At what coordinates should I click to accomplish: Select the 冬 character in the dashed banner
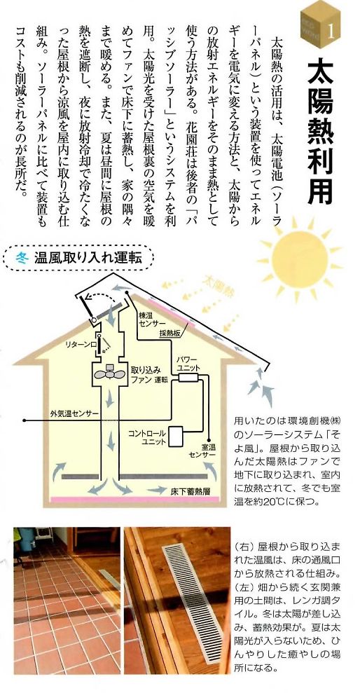(22, 257)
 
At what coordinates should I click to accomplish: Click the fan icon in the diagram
(109, 373)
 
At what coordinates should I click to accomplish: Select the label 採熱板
(170, 334)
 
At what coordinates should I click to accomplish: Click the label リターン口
(78, 343)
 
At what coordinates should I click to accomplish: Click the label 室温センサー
(202, 451)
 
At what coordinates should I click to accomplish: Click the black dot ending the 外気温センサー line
(26, 419)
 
